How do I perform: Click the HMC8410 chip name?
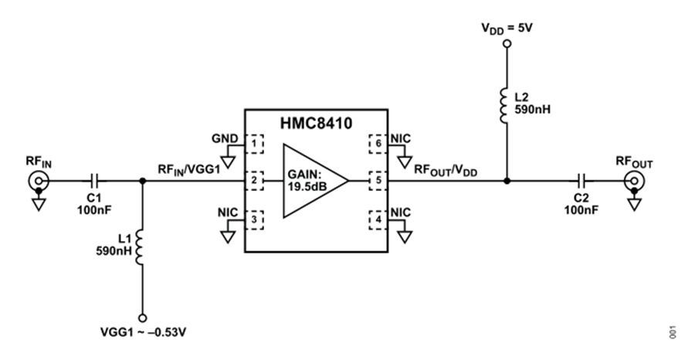click(316, 123)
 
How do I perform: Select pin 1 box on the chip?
click(254, 144)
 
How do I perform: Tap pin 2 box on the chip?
click(254, 181)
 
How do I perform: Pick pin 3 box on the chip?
click(254, 220)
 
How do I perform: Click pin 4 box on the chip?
click(378, 220)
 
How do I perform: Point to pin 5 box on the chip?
click(378, 181)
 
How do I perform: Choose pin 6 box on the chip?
click(378, 144)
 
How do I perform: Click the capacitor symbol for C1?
click(95, 181)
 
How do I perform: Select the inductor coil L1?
click(139, 247)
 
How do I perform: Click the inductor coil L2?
click(504, 106)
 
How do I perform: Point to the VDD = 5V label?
click(507, 29)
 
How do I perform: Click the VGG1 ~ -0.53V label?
click(143, 332)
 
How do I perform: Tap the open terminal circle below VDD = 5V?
click(507, 43)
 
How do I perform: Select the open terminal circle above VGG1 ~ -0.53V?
click(143, 318)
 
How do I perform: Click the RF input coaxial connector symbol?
click(39, 181)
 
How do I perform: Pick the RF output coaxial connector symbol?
click(634, 181)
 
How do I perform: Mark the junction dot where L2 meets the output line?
click(507, 181)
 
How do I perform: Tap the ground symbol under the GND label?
click(229, 161)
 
